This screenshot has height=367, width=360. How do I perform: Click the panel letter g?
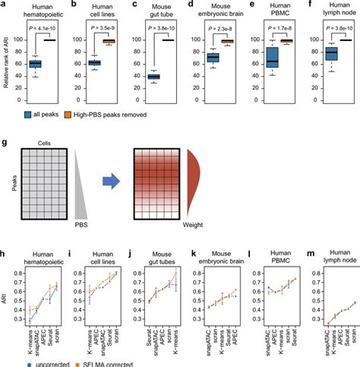coord(5,142)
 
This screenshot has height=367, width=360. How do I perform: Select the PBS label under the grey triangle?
coord(81,225)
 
